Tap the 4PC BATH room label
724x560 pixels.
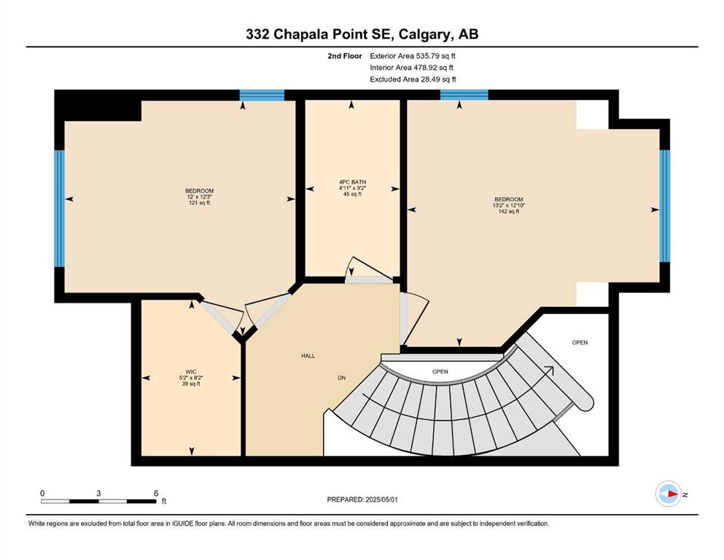click(x=352, y=182)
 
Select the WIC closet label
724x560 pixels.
click(x=191, y=372)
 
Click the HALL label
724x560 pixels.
click(x=308, y=356)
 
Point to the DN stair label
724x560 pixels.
click(x=342, y=378)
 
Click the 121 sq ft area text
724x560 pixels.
click(x=200, y=203)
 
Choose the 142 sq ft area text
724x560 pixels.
click(x=509, y=211)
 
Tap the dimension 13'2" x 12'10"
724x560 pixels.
click(x=509, y=206)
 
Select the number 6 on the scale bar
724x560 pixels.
click(x=156, y=493)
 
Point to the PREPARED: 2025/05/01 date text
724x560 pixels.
click(x=362, y=499)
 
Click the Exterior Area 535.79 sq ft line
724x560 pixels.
click(x=413, y=56)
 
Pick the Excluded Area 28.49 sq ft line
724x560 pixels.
click(x=413, y=79)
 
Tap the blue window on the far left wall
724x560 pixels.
click(x=59, y=209)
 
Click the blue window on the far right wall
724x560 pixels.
click(x=664, y=206)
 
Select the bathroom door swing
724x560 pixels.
click(x=370, y=268)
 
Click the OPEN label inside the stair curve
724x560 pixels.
click(x=440, y=372)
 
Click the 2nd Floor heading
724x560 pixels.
click(x=345, y=56)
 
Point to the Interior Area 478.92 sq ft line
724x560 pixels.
click(x=411, y=67)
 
